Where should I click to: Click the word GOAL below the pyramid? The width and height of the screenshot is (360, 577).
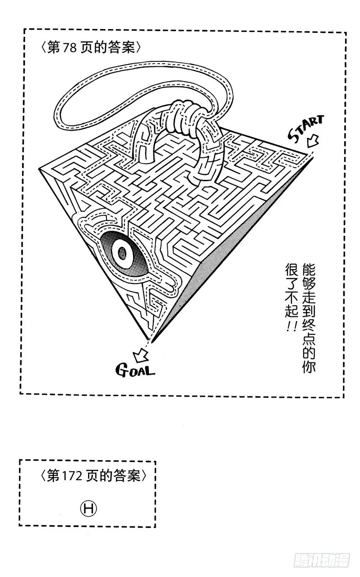pos(135,370)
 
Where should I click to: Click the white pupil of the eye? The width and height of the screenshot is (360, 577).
pos(123,253)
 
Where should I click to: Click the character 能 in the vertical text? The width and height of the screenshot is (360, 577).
pos(309,270)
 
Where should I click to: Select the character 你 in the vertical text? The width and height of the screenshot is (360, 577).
pos(309,365)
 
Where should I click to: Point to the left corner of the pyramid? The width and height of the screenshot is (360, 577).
pos(39,169)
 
